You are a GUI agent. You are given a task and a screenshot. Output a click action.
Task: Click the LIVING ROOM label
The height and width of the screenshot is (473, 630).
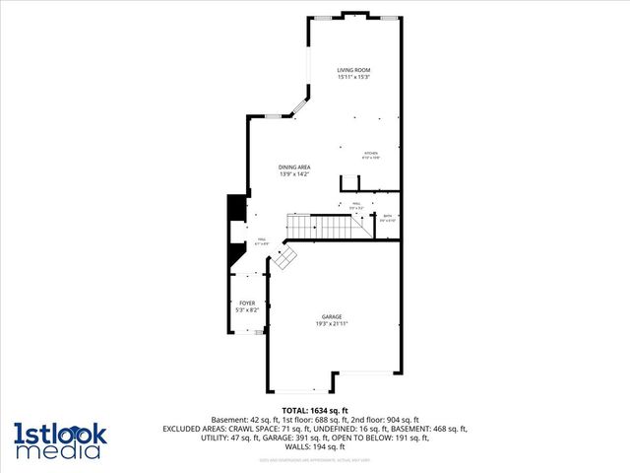pyautogui.click(x=353, y=70)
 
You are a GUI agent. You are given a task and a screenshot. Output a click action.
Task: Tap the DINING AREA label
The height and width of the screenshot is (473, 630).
pyautogui.click(x=294, y=168)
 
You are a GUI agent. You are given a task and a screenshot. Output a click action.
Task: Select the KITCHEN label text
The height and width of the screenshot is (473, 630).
pyautogui.click(x=371, y=154)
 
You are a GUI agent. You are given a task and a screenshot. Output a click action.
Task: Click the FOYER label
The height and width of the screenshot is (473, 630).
pyautogui.click(x=246, y=304)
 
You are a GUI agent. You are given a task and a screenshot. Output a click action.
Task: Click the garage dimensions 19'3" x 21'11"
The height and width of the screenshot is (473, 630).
pyautogui.click(x=333, y=323)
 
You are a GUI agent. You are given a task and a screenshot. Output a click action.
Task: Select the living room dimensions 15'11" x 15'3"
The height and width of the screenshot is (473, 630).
pyautogui.click(x=353, y=77)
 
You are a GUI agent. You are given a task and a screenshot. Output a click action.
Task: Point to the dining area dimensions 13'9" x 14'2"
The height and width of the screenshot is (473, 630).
pyautogui.click(x=294, y=174)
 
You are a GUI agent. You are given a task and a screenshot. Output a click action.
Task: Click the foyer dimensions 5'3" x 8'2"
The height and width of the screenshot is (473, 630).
pyautogui.click(x=246, y=310)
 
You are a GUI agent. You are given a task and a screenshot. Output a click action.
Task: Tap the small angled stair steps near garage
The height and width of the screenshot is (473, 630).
pyautogui.click(x=285, y=258)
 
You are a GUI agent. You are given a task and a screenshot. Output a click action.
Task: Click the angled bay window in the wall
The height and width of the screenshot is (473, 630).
pyautogui.click(x=299, y=106)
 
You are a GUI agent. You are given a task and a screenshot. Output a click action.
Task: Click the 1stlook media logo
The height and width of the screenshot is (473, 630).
pyautogui.click(x=57, y=440)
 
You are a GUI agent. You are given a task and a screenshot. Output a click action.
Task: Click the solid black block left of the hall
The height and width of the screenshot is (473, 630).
pyautogui.click(x=236, y=209)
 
